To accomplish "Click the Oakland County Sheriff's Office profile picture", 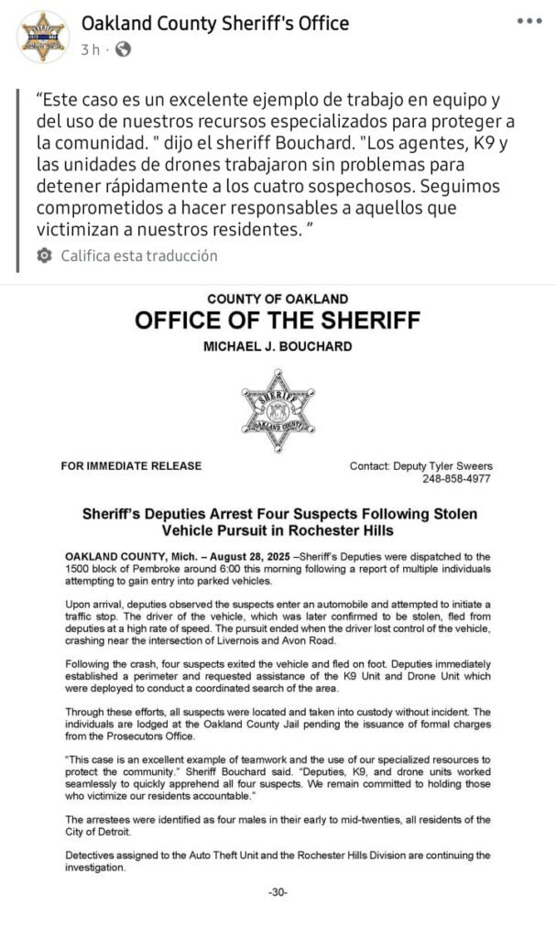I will click(x=43, y=38).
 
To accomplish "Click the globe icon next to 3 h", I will click(x=123, y=49).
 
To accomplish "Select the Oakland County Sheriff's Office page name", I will click(x=215, y=23).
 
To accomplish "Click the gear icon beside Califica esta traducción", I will click(x=44, y=256).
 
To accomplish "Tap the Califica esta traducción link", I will click(x=139, y=256).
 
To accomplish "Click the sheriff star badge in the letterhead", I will click(x=278, y=410).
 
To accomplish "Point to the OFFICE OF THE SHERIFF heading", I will click(x=278, y=321).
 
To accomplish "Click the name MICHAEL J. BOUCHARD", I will click(x=278, y=347).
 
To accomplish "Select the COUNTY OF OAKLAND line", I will click(x=278, y=299).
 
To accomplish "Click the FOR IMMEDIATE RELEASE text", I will click(x=131, y=466).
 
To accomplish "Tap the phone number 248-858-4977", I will click(x=456, y=479).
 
